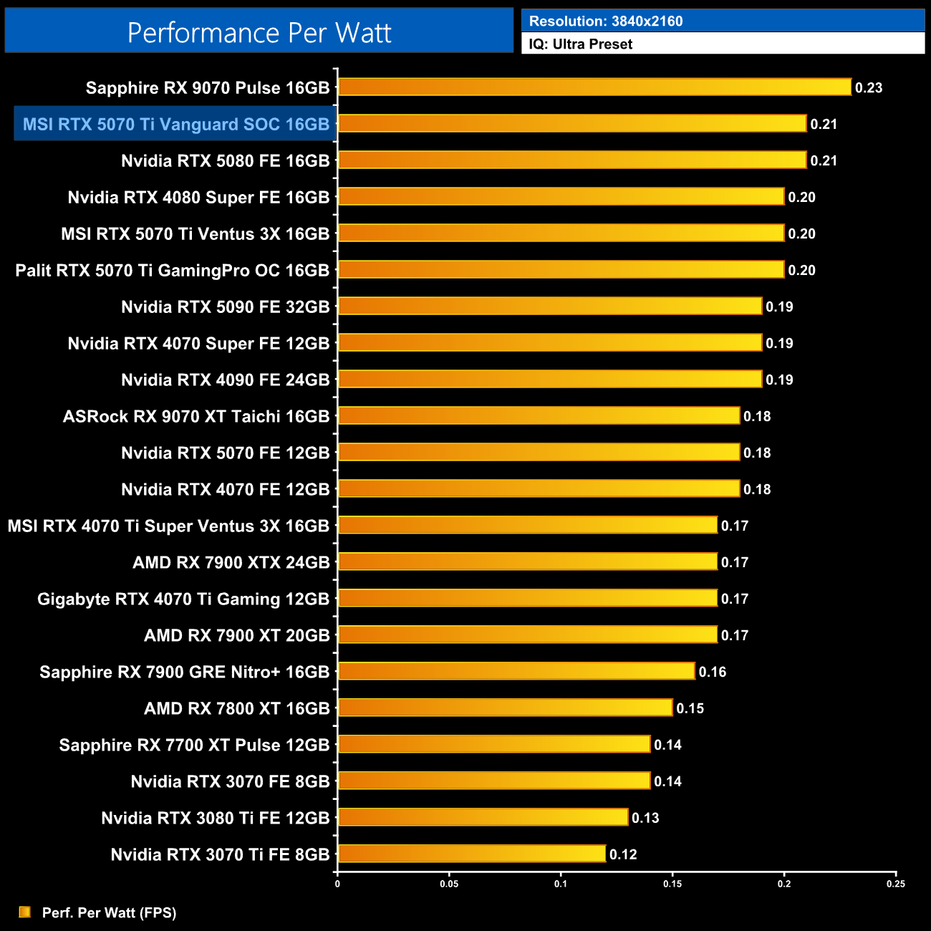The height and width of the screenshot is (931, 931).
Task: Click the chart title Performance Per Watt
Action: point(259,32)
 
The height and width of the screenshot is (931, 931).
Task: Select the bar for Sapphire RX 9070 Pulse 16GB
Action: point(594,87)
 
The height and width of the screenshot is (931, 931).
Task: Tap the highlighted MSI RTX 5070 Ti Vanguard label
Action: point(175,124)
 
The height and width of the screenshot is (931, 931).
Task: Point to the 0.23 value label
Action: point(869,88)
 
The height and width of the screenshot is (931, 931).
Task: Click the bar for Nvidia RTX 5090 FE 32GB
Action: point(549,307)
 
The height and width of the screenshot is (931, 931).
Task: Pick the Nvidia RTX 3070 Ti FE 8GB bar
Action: point(471,854)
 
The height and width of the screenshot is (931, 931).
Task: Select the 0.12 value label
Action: point(623,854)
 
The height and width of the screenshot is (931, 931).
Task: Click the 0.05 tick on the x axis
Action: point(449,884)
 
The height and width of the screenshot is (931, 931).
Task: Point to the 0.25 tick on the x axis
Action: point(896,884)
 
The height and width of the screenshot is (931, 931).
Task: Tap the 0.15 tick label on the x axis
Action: point(672,884)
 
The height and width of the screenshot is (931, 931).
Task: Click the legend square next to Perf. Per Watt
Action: point(25,912)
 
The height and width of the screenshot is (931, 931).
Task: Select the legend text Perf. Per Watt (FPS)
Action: point(109,912)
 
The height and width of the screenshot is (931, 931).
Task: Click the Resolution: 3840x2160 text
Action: point(606,21)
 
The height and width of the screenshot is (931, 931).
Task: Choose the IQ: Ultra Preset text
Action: point(581,44)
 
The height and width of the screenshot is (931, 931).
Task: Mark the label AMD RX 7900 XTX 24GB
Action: point(231,562)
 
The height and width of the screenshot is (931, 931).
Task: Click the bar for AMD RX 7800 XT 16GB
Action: point(505,708)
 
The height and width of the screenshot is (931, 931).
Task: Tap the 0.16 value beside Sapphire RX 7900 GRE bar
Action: point(713,672)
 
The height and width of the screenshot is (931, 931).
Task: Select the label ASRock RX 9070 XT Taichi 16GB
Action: point(196,416)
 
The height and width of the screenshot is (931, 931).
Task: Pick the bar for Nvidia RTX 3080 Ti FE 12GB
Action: point(483,817)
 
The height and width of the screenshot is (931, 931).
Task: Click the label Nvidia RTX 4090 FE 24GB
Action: point(225,380)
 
